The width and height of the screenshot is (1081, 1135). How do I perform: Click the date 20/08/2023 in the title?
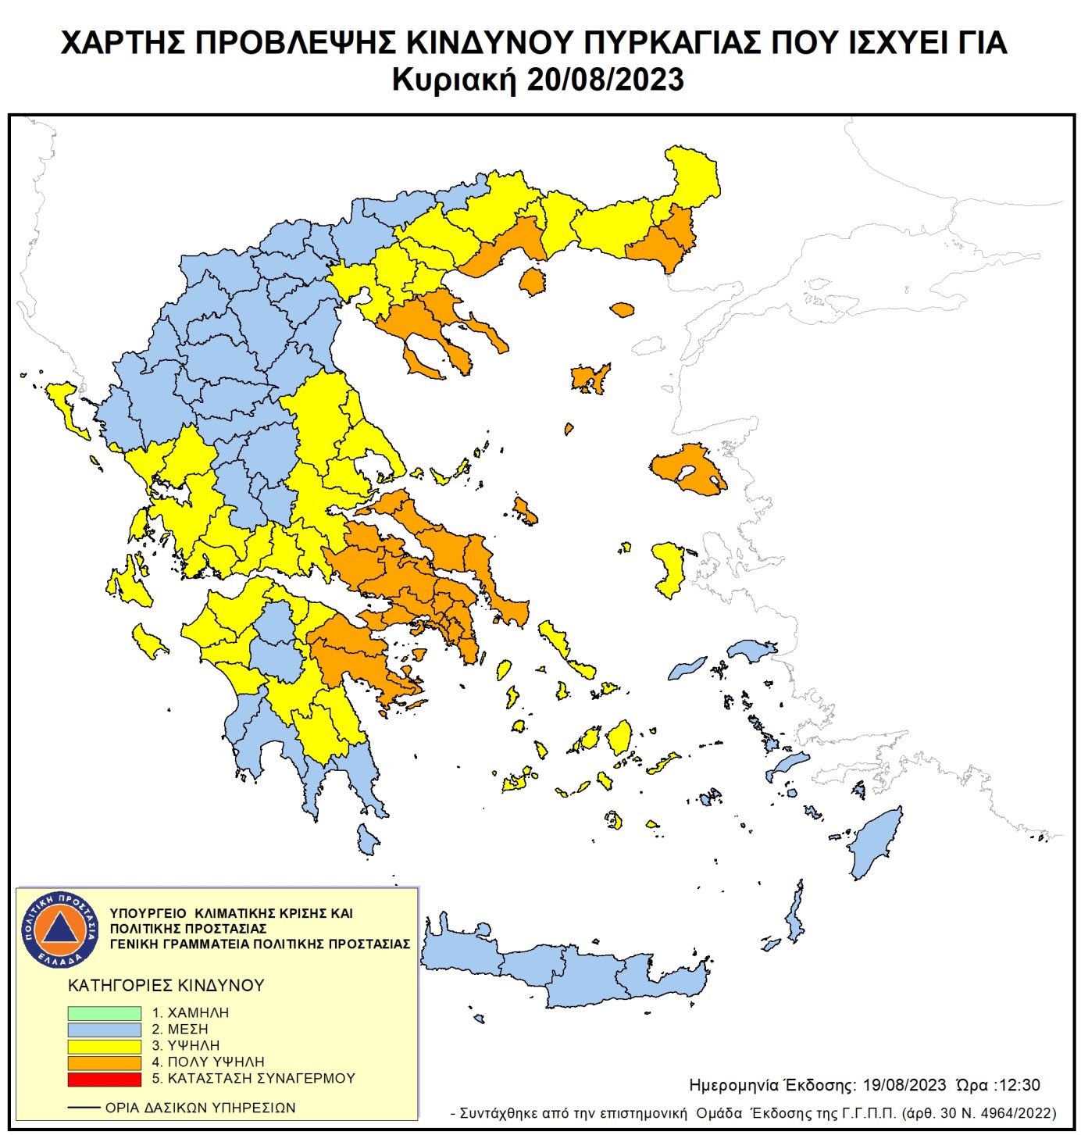(x=605, y=80)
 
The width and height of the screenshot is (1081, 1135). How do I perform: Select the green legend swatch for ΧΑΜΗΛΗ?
(x=104, y=1012)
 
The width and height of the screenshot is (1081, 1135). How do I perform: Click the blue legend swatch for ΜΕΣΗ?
(x=104, y=1030)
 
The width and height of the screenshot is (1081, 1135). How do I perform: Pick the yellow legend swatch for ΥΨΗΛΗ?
(x=104, y=1046)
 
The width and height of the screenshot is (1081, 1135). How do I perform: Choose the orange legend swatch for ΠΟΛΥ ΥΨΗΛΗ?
(x=104, y=1062)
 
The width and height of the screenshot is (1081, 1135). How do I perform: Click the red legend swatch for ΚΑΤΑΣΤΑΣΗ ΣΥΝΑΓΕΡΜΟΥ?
(x=104, y=1079)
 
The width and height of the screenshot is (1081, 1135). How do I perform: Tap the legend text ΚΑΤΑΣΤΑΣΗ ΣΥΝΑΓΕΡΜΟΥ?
(x=261, y=1079)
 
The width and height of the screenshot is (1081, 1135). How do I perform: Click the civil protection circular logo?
(x=60, y=929)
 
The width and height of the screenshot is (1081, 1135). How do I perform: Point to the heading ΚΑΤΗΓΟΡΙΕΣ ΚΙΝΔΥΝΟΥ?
(x=166, y=986)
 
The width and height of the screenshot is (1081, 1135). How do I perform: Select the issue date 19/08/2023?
(x=904, y=1085)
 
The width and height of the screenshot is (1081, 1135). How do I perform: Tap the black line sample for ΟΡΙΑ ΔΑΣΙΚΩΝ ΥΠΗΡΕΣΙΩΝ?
(x=84, y=1108)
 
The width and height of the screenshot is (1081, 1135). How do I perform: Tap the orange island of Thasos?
(x=533, y=281)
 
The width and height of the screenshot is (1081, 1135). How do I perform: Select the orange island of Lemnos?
(x=590, y=379)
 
